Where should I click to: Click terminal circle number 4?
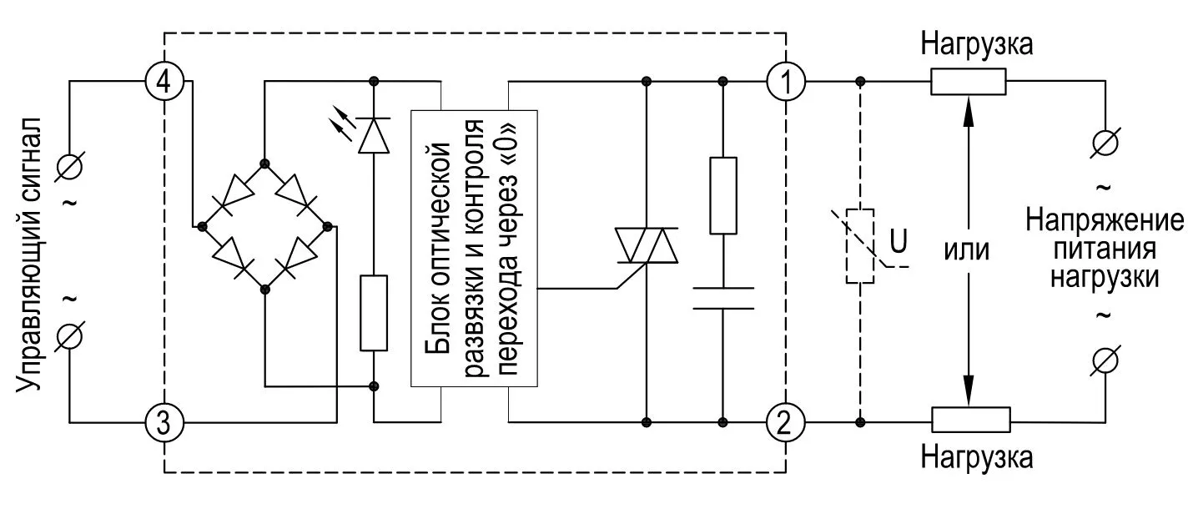click(x=164, y=82)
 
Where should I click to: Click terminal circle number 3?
click(x=164, y=423)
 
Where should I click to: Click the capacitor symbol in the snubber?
click(x=723, y=298)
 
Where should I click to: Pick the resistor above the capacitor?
click(x=723, y=195)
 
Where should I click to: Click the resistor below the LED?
click(x=374, y=312)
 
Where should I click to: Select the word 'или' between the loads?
click(x=968, y=249)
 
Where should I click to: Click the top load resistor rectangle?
click(x=969, y=82)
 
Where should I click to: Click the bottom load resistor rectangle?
click(x=970, y=420)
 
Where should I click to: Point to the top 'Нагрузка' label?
click(x=977, y=43)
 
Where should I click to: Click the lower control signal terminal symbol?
click(x=71, y=337)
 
